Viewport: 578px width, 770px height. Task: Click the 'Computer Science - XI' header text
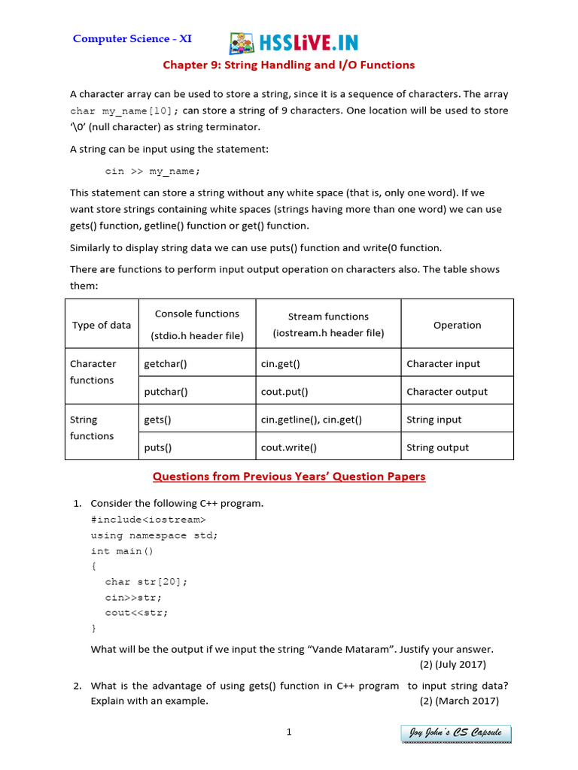click(132, 38)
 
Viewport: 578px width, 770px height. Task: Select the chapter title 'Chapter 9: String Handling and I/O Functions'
click(289, 65)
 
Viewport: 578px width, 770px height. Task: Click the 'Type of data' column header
click(102, 326)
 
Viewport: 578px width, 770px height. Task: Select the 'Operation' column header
click(457, 326)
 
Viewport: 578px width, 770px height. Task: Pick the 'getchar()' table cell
click(166, 364)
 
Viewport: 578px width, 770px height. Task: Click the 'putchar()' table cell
click(166, 392)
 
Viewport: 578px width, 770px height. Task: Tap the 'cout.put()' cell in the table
click(284, 392)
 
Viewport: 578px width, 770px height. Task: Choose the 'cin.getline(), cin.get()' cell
click(312, 420)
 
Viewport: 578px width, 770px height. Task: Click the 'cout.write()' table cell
click(289, 447)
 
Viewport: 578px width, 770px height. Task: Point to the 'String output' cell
click(437, 447)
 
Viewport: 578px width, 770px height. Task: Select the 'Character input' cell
click(443, 364)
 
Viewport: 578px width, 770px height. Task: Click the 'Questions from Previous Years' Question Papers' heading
click(289, 477)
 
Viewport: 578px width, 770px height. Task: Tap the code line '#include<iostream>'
click(148, 519)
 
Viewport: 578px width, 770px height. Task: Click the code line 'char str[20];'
click(147, 581)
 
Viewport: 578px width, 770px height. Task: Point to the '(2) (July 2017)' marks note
click(452, 664)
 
